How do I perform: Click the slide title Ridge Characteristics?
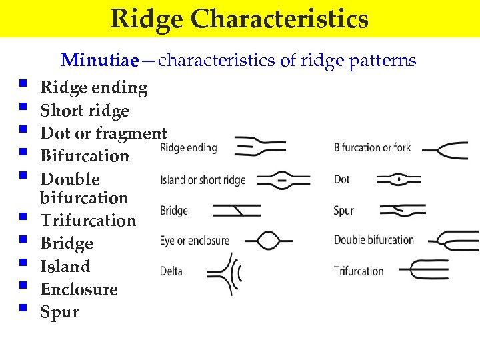[239, 19]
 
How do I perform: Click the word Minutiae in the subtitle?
[100, 61]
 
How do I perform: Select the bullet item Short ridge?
[85, 111]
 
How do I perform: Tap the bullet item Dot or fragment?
[103, 133]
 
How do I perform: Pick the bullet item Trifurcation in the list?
[88, 220]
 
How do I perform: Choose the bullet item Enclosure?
[79, 289]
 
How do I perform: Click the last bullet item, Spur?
[59, 312]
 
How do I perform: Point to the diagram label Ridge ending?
[189, 147]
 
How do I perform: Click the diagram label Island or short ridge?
[203, 180]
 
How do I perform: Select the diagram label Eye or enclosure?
[195, 240]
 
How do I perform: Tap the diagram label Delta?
[171, 271]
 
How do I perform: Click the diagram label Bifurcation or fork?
[372, 147]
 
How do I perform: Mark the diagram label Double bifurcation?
[373, 240]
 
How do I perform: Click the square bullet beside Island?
[24, 265]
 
